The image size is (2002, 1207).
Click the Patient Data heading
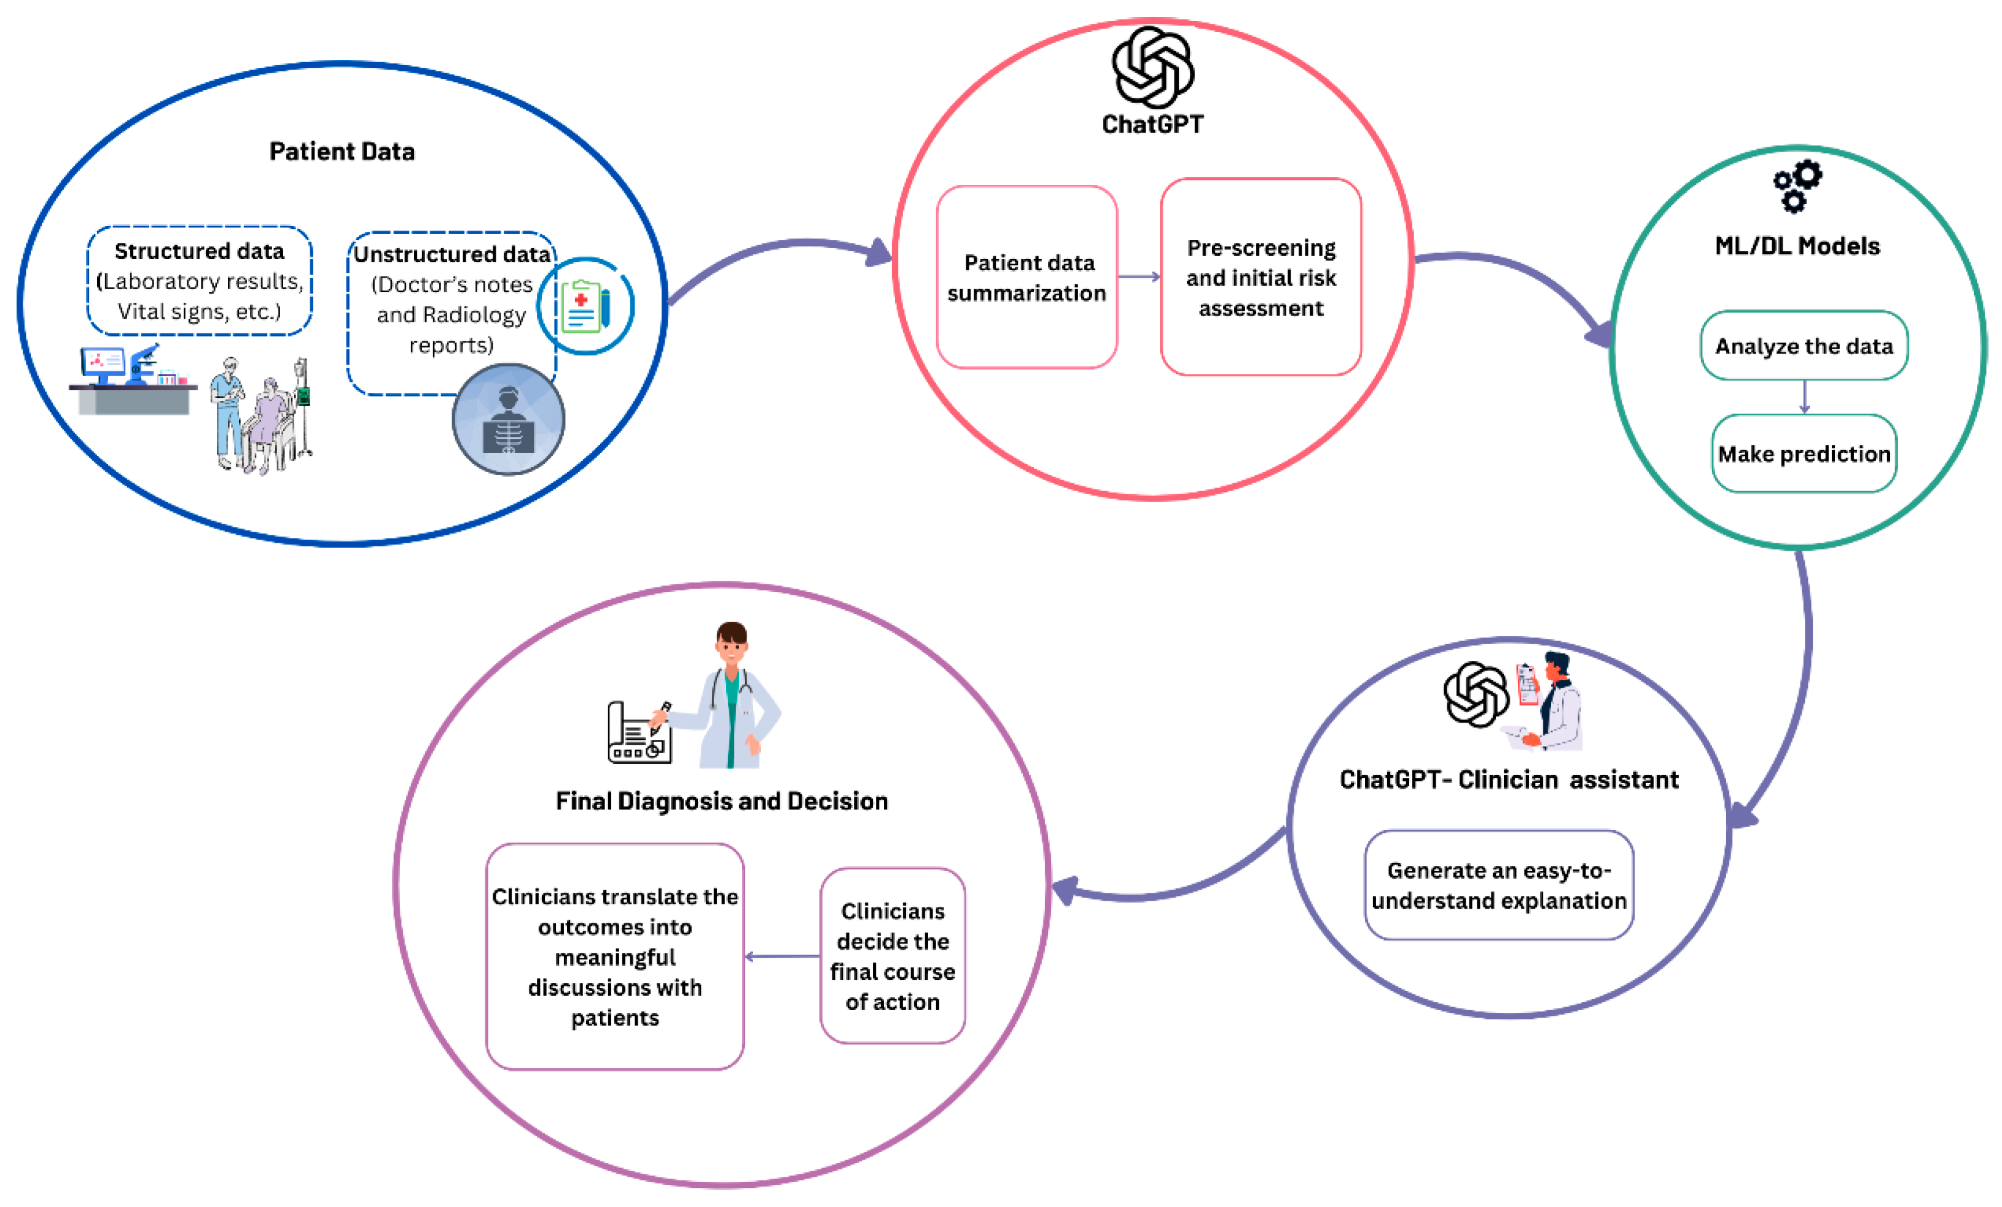coord(342,152)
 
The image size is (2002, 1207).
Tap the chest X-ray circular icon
coord(508,419)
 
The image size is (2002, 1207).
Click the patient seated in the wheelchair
coord(270,422)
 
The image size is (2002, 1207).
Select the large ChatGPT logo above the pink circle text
coord(1152,68)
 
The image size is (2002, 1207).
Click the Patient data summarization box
coord(1026,277)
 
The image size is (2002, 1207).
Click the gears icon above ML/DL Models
coord(1797,186)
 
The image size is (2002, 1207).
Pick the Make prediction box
coord(1804,453)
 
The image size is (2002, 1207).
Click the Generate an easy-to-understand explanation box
coord(1498,885)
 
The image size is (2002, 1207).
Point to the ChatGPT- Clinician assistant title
coord(1508,780)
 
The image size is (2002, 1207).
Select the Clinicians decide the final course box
coord(892,956)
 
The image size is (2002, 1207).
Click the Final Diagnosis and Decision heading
coord(722,802)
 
